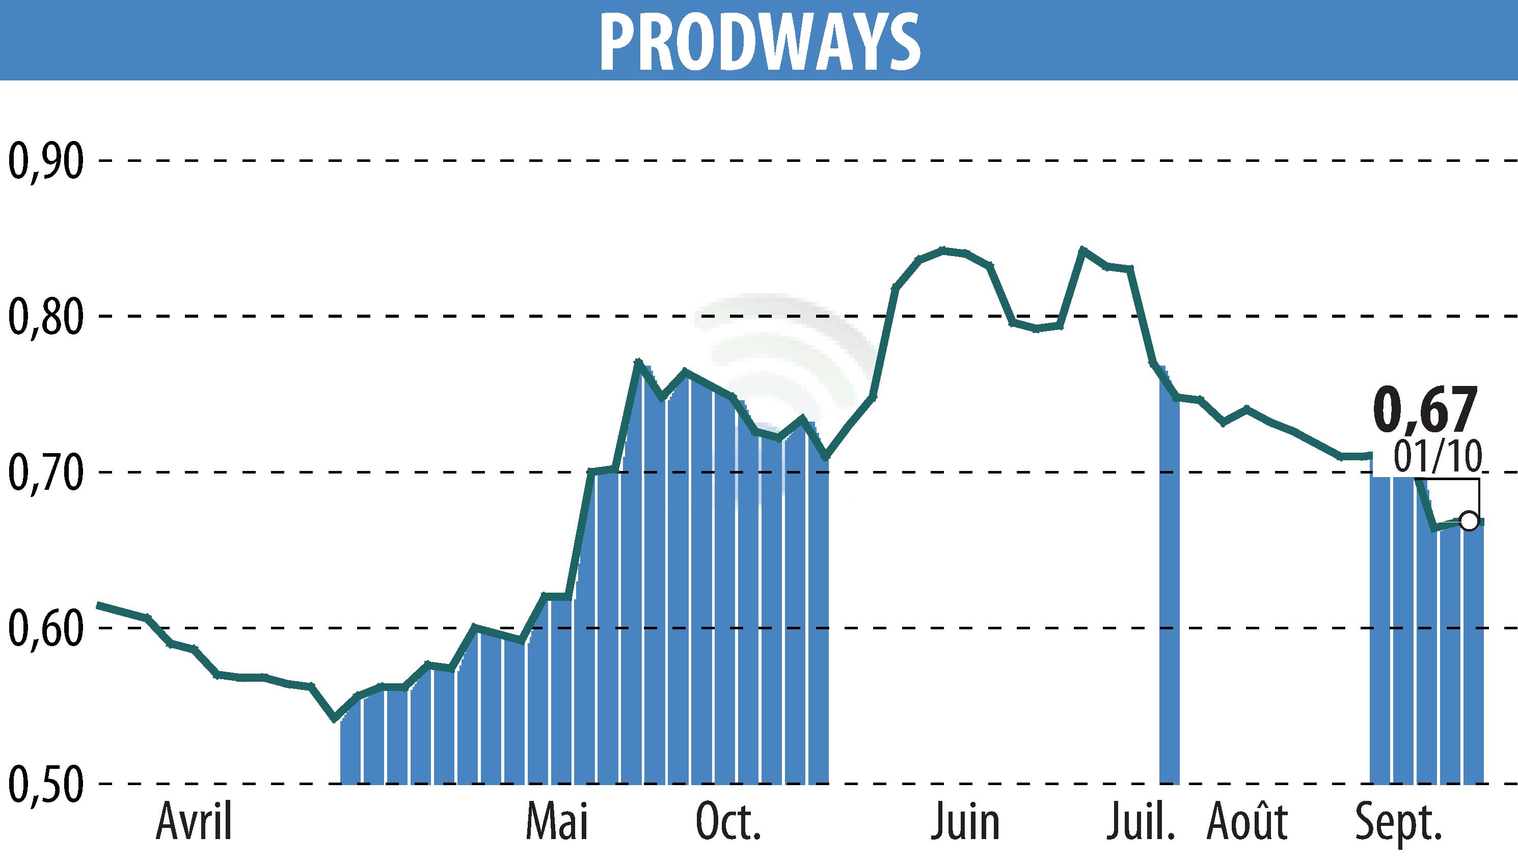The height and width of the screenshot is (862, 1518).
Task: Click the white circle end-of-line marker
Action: click(1468, 521)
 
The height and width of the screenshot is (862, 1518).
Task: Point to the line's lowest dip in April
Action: click(335, 718)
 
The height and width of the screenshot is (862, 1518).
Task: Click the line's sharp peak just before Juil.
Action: click(1082, 249)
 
